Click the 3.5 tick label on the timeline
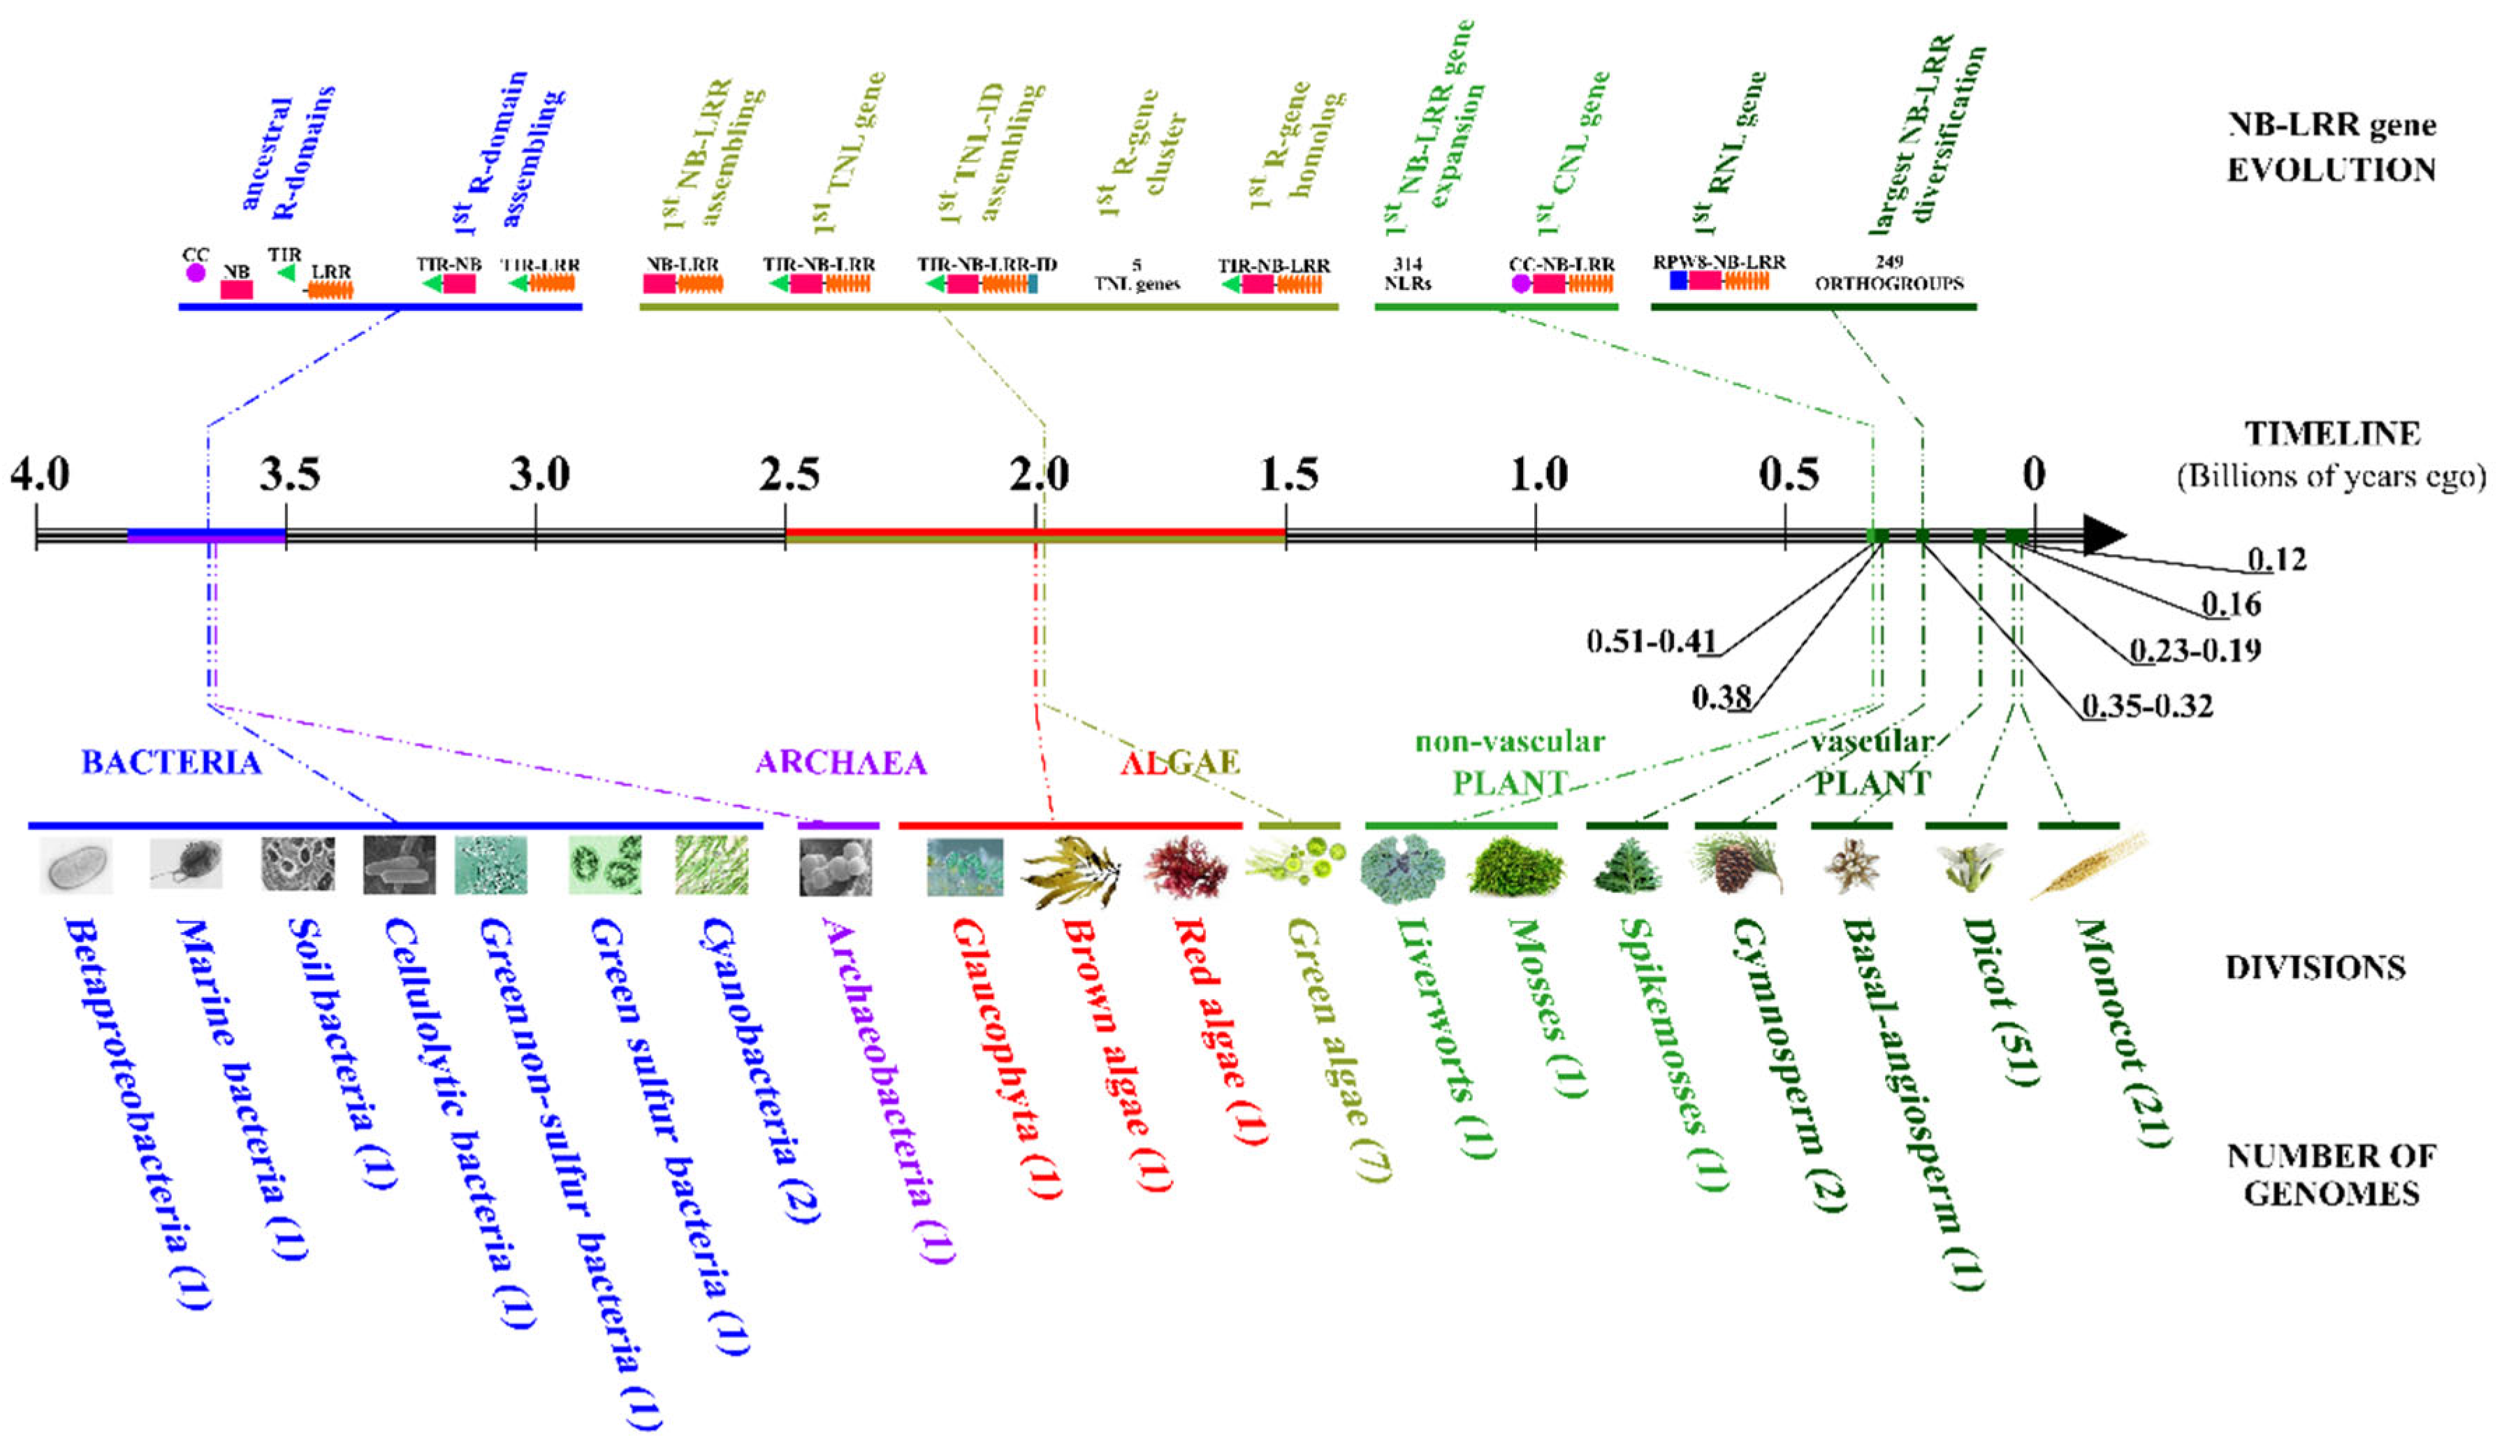pyautogui.click(x=290, y=475)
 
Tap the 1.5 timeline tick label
pyautogui.click(x=1289, y=475)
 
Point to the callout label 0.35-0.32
pyautogui.click(x=2147, y=706)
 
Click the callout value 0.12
pyautogui.click(x=2276, y=560)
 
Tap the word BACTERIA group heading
pyautogui.click(x=171, y=762)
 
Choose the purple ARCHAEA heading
pyautogui.click(x=840, y=762)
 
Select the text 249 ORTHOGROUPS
pyautogui.click(x=1889, y=273)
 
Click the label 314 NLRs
pyautogui.click(x=1407, y=273)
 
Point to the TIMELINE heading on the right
pyautogui.click(x=2332, y=435)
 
